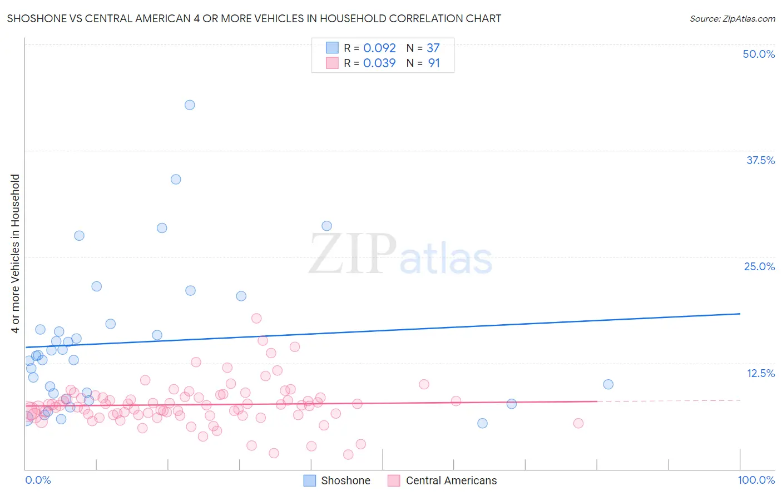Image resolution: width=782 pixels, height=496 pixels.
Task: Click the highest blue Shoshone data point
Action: pos(190,105)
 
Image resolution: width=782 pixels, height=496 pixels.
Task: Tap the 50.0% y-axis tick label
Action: pos(759,54)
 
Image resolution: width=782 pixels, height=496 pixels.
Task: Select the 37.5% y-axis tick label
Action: pos(760,160)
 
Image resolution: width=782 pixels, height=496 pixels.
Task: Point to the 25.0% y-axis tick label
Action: pos(759,266)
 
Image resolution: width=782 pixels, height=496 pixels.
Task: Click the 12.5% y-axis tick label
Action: pos(760,373)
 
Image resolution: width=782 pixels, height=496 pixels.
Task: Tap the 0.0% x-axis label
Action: pos(38,480)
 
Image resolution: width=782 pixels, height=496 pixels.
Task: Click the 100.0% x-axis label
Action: pos(756,480)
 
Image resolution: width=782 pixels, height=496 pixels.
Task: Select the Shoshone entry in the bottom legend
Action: pos(345,480)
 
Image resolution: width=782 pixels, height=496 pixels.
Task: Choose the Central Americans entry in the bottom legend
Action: pos(451,480)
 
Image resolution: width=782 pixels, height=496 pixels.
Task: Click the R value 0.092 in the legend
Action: pos(379,48)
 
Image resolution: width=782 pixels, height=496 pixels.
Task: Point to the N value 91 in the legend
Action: pos(434,63)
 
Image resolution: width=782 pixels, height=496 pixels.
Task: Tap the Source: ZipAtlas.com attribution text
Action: pos(732,18)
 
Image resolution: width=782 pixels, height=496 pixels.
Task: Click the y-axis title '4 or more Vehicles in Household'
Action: pos(15,254)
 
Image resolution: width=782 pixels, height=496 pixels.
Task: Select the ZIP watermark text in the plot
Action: pos(353,254)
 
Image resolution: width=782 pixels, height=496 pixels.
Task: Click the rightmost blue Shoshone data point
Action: pos(608,384)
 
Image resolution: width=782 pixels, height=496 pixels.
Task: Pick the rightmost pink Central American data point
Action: pos(578,423)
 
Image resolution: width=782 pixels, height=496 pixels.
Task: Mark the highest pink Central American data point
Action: pos(256,318)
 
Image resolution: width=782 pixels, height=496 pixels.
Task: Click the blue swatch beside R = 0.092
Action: pos(332,48)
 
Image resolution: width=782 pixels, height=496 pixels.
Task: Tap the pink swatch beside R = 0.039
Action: pos(332,63)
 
